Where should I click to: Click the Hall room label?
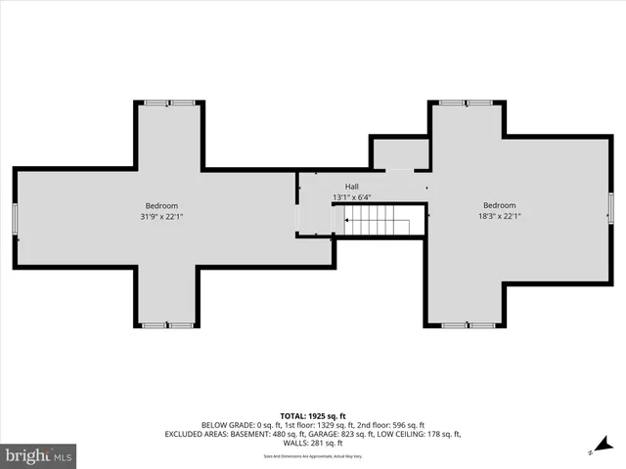pyautogui.click(x=352, y=187)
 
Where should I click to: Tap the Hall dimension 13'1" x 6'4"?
pyautogui.click(x=352, y=197)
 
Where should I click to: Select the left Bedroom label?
pyautogui.click(x=161, y=205)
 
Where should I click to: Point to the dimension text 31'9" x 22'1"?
pyautogui.click(x=161, y=217)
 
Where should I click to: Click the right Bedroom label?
pyautogui.click(x=499, y=205)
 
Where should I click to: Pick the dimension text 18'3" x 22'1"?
pyautogui.click(x=499, y=217)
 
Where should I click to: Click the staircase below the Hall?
pyautogui.click(x=377, y=226)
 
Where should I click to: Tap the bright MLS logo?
pyautogui.click(x=38, y=454)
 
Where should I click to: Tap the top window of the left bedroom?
pyautogui.click(x=168, y=103)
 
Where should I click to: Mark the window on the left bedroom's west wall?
pyautogui.click(x=16, y=219)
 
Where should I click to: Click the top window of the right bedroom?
pyautogui.click(x=465, y=103)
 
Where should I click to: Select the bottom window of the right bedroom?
pyautogui.click(x=467, y=324)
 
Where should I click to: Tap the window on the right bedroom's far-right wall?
pyautogui.click(x=610, y=208)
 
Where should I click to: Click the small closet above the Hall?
pyautogui.click(x=400, y=153)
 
